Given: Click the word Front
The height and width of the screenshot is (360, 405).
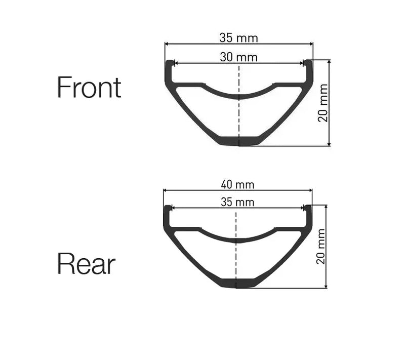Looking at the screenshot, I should [89, 87].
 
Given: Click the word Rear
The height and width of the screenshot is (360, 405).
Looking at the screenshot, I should [86, 264].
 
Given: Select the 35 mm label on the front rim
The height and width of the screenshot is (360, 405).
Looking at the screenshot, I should [238, 38].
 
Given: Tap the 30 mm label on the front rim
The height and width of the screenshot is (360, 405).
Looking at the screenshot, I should [238, 57].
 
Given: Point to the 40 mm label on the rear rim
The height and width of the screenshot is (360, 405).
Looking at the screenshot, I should [238, 185].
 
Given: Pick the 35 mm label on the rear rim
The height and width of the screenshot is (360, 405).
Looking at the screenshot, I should [237, 203].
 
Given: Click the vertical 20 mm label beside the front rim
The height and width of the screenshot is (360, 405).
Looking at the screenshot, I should [323, 103].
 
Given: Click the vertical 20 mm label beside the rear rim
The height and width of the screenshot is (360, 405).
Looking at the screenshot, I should [321, 247].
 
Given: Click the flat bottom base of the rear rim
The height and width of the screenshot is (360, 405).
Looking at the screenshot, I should [236, 284].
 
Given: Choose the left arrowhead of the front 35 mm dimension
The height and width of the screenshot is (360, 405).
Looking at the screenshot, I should [167, 44].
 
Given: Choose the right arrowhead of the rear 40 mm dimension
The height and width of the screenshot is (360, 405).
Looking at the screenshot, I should [310, 190].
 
